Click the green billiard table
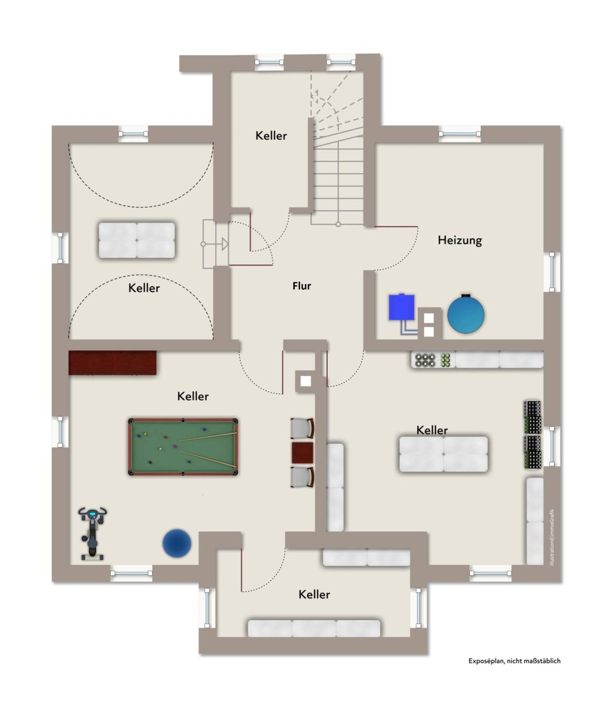pyautogui.click(x=183, y=447)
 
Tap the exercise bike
pyautogui.click(x=92, y=533)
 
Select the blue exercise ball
pyautogui.click(x=177, y=543)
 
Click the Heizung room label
pyautogui.click(x=459, y=240)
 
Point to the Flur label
pyautogui.click(x=302, y=286)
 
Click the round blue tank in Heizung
pyautogui.click(x=466, y=314)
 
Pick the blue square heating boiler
pyautogui.click(x=402, y=307)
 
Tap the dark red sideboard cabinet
pyautogui.click(x=112, y=363)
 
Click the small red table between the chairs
pyautogui.click(x=302, y=453)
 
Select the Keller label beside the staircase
pyautogui.click(x=271, y=136)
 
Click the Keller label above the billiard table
pyautogui.click(x=193, y=396)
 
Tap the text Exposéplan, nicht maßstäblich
pyautogui.click(x=514, y=661)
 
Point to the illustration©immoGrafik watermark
pyautogui.click(x=552, y=537)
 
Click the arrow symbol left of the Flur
pyautogui.click(x=225, y=244)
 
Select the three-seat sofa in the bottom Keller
pyautogui.click(x=314, y=628)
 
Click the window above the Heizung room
pyautogui.click(x=459, y=134)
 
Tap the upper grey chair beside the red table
pyautogui.click(x=302, y=429)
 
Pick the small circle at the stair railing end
pyautogui.click(x=338, y=225)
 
